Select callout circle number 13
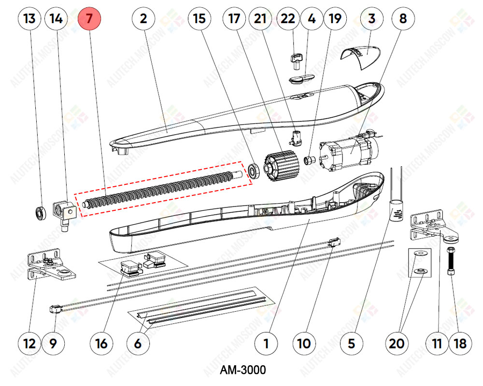29,19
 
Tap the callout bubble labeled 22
288,19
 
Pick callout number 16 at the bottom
101,344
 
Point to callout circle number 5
351,344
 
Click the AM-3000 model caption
242,371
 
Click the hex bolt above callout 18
452,262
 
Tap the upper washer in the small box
420,254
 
